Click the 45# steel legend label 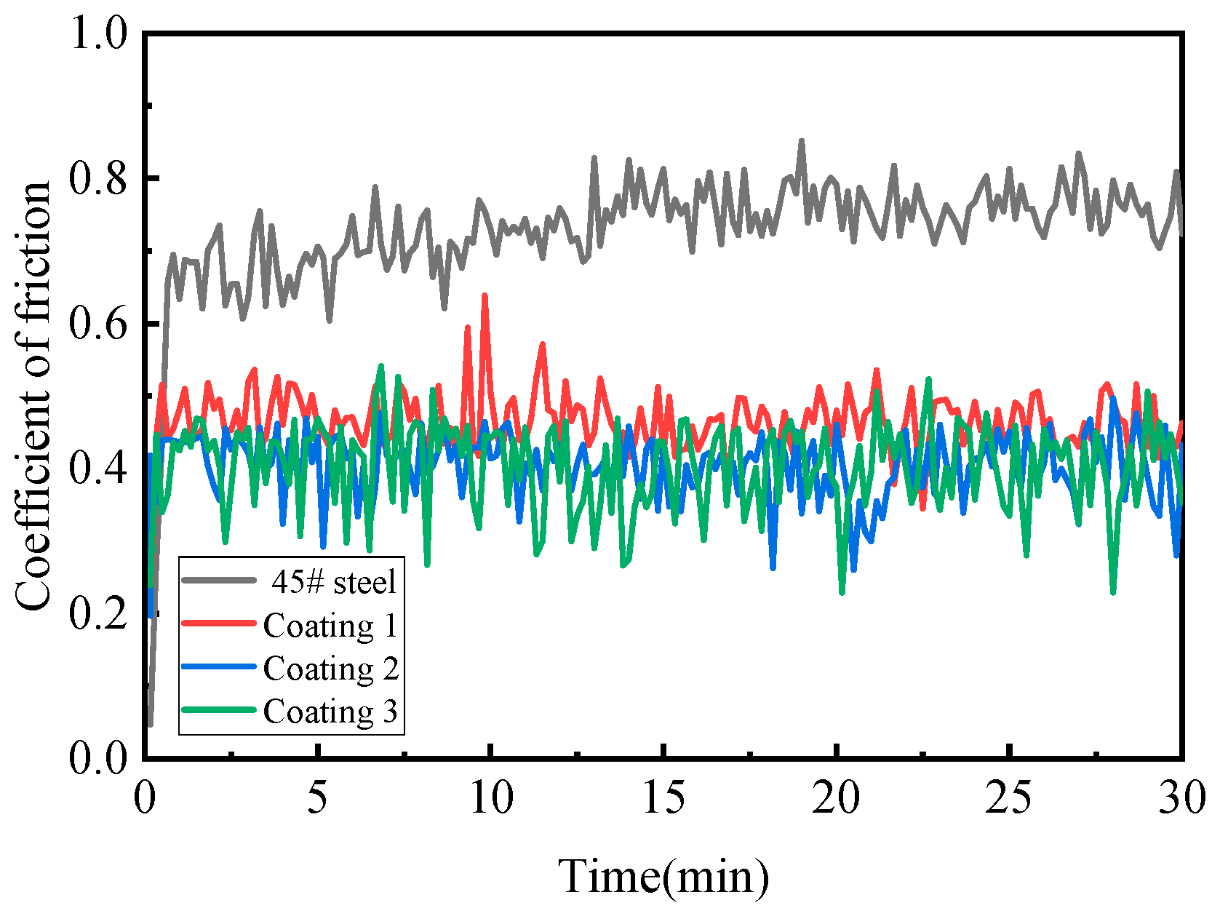tap(334, 582)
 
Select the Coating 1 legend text tap(330, 626)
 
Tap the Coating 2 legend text tap(330, 669)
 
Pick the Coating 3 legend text tap(330, 712)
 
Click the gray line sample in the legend tap(219, 581)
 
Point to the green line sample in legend tap(219, 710)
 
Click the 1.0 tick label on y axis tap(98, 34)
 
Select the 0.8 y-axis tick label tap(98, 178)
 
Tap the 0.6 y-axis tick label tap(98, 323)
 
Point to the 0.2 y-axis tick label tap(98, 613)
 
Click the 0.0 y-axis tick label tap(98, 757)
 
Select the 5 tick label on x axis tap(317, 799)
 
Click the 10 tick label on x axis tap(491, 799)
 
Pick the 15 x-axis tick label tap(663, 799)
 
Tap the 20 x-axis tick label tap(837, 799)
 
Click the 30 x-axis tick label tap(1181, 799)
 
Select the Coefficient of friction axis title tap(33, 397)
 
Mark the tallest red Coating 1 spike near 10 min tap(485, 296)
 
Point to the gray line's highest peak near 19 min tap(802, 140)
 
